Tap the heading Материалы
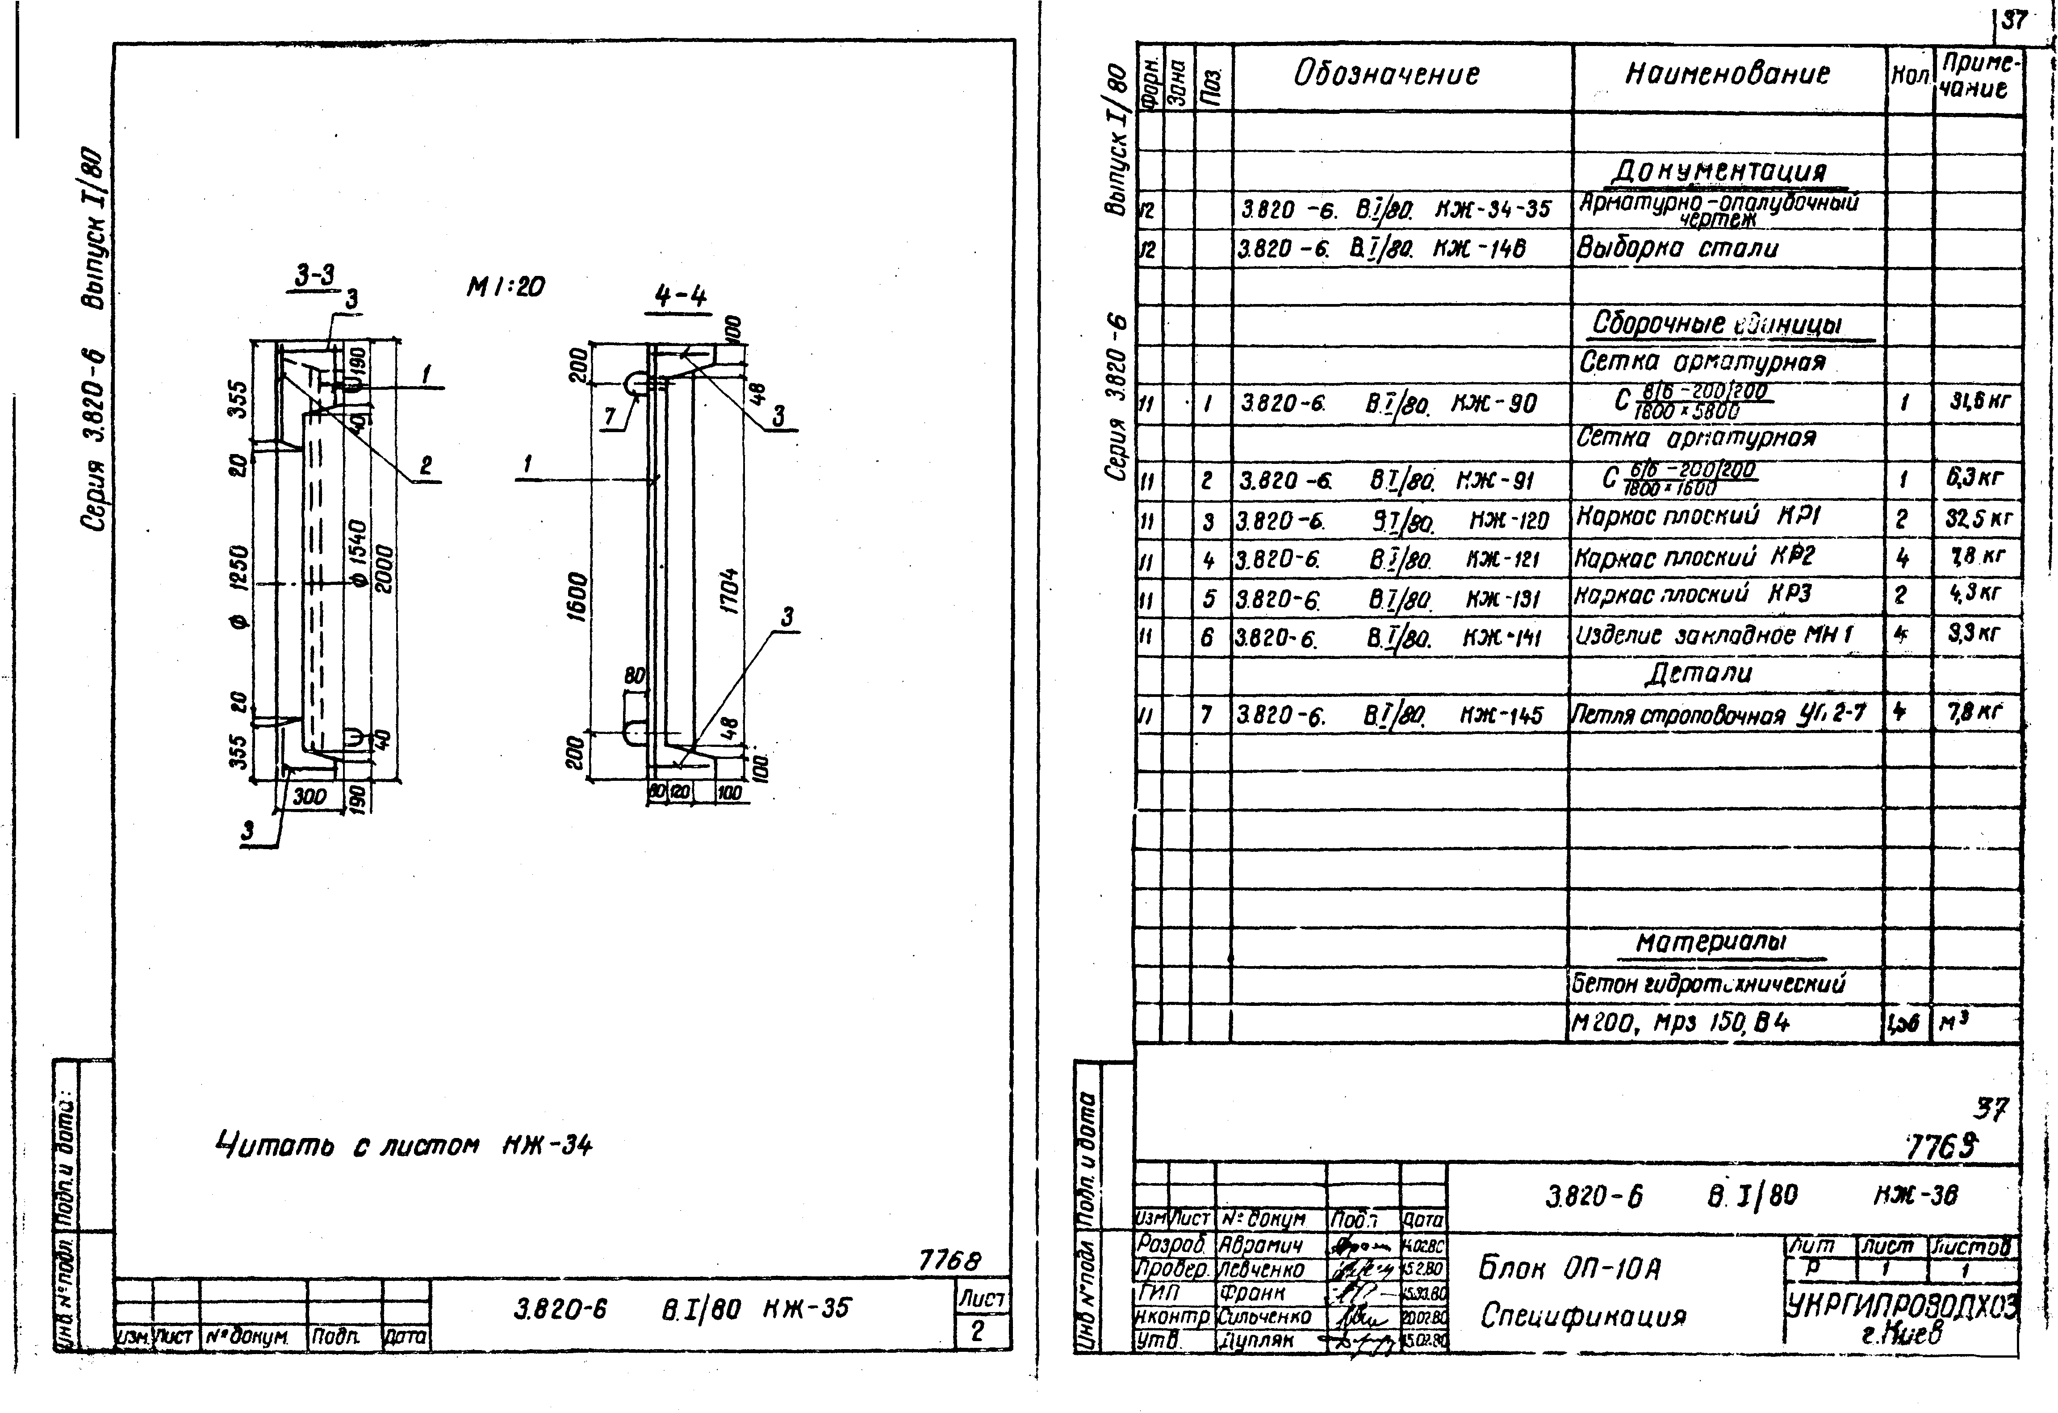tap(1711, 942)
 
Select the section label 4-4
tap(681, 296)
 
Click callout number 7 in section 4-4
tap(610, 416)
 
